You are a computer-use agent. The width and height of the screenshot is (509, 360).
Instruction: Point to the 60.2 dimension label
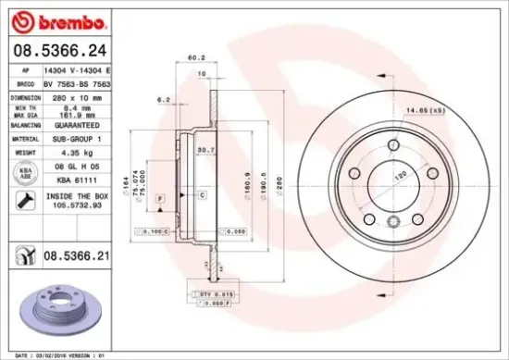coord(195,58)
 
